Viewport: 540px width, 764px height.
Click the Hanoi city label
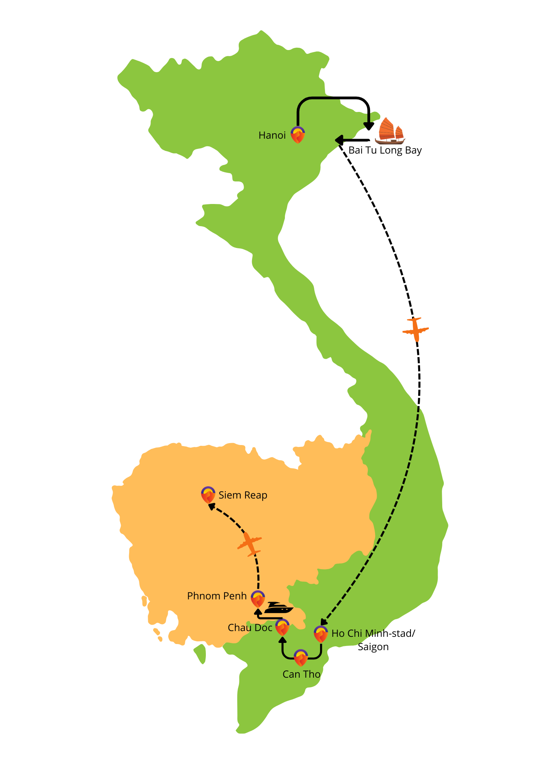(272, 135)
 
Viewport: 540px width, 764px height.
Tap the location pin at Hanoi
(297, 134)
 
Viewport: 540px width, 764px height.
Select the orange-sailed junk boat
(390, 131)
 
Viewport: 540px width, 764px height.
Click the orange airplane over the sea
(416, 329)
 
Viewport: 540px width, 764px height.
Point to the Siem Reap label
(243, 495)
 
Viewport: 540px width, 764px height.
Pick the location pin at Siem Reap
(208, 495)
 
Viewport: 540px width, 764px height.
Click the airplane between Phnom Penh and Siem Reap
(250, 544)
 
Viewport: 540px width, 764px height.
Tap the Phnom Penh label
(217, 596)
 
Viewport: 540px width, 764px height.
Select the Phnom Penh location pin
(258, 599)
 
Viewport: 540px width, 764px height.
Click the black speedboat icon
(278, 608)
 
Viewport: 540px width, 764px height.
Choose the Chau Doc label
(250, 628)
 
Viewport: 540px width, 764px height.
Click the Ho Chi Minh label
(357, 633)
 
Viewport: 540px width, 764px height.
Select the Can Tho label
(301, 674)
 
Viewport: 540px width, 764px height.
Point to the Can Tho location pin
(301, 657)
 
